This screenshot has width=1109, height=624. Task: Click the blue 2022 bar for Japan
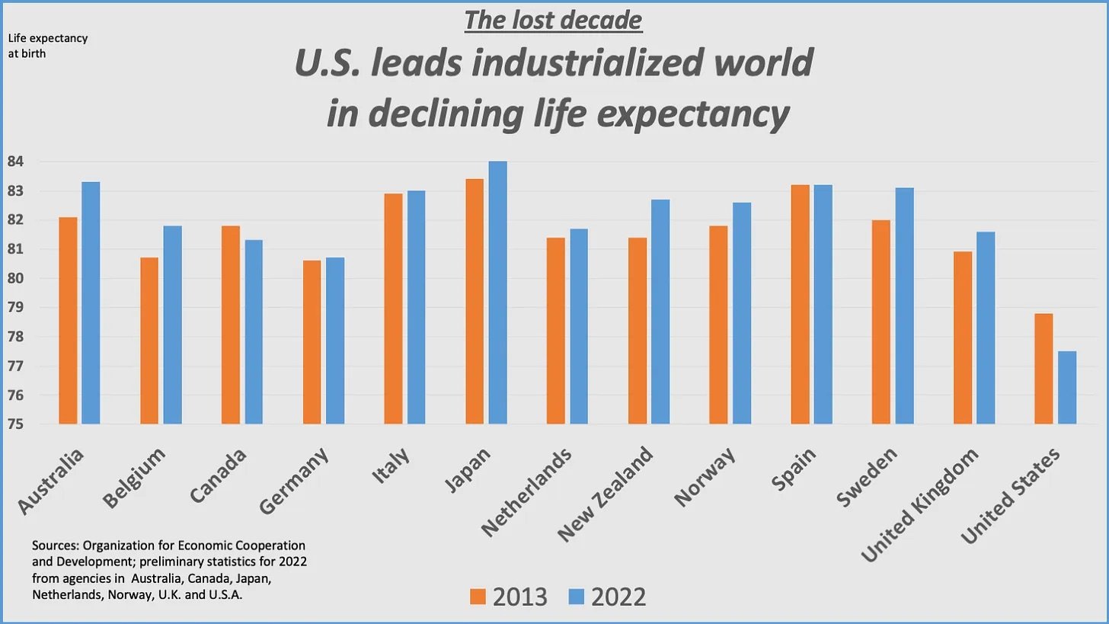point(497,293)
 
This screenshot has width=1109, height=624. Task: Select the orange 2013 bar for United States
point(1043,369)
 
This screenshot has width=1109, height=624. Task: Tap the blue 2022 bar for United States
point(1067,388)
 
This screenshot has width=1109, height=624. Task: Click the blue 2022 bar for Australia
point(91,302)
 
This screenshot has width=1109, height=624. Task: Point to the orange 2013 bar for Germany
point(312,342)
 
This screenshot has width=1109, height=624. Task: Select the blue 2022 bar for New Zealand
point(660,312)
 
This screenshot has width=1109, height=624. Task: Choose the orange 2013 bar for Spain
point(800,304)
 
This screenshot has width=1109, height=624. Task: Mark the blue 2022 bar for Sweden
point(904,306)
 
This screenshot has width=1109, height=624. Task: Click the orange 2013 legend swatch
point(478,597)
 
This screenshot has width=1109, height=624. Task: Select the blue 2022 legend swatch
point(576,597)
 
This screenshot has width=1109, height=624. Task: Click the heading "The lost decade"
point(554,21)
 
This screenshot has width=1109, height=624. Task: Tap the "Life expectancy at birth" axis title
point(47,46)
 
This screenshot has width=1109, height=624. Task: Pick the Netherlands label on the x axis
point(527,492)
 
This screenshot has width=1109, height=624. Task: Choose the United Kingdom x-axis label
point(919,506)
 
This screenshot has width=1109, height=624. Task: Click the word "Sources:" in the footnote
point(56,546)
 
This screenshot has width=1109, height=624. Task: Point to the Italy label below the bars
point(392,466)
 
